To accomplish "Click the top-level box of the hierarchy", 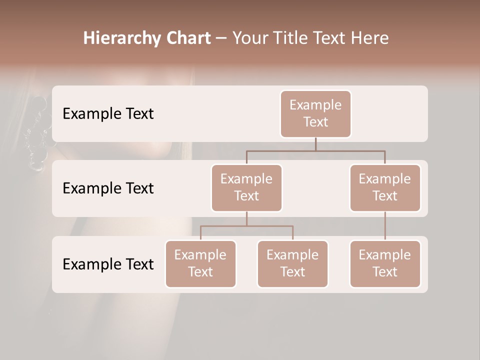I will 315,113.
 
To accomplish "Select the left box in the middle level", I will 246,187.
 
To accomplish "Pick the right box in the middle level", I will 385,187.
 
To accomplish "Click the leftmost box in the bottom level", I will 200,263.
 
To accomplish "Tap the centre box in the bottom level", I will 292,263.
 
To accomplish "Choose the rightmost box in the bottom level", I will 385,263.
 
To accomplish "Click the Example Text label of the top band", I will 108,114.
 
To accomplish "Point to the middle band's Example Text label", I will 108,188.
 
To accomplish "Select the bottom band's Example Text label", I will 108,264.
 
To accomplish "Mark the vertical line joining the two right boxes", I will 385,226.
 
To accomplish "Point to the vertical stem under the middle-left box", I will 246,218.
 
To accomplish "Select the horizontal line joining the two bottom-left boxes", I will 246,226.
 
